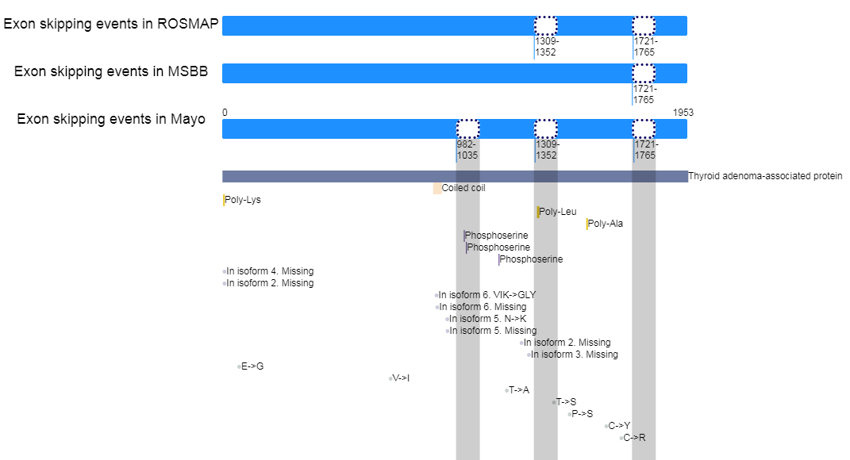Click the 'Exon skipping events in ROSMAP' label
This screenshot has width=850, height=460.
pyautogui.click(x=111, y=25)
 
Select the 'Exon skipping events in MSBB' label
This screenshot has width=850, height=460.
pyautogui.click(x=111, y=71)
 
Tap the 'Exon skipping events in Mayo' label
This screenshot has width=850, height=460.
pyautogui.click(x=111, y=119)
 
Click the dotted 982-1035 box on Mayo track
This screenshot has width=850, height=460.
pyautogui.click(x=467, y=129)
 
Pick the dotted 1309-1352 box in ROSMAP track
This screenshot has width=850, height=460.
pyautogui.click(x=546, y=25)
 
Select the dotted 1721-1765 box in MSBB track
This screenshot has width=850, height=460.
pyautogui.click(x=644, y=73)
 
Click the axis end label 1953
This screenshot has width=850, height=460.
pyautogui.click(x=683, y=113)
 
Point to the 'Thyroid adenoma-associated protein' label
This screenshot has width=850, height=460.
pyautogui.click(x=765, y=176)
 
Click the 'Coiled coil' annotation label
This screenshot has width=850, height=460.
pyautogui.click(x=463, y=188)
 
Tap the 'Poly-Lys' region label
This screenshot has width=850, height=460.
pyautogui.click(x=243, y=200)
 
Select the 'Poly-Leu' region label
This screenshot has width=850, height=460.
pyautogui.click(x=558, y=212)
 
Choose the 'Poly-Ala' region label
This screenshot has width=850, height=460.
pyautogui.click(x=606, y=224)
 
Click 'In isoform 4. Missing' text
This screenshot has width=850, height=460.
pyautogui.click(x=270, y=271)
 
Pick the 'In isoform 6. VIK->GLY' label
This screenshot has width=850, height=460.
pyautogui.click(x=487, y=295)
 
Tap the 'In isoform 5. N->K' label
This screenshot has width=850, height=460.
pyautogui.click(x=487, y=319)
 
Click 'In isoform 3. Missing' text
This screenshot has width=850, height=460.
pyautogui.click(x=574, y=355)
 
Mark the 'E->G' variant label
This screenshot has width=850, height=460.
pyautogui.click(x=252, y=366)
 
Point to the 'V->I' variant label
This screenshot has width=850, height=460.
pyautogui.click(x=401, y=379)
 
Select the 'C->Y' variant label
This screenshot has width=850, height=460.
pyautogui.click(x=619, y=427)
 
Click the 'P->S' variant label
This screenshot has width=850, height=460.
pyautogui.click(x=583, y=415)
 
